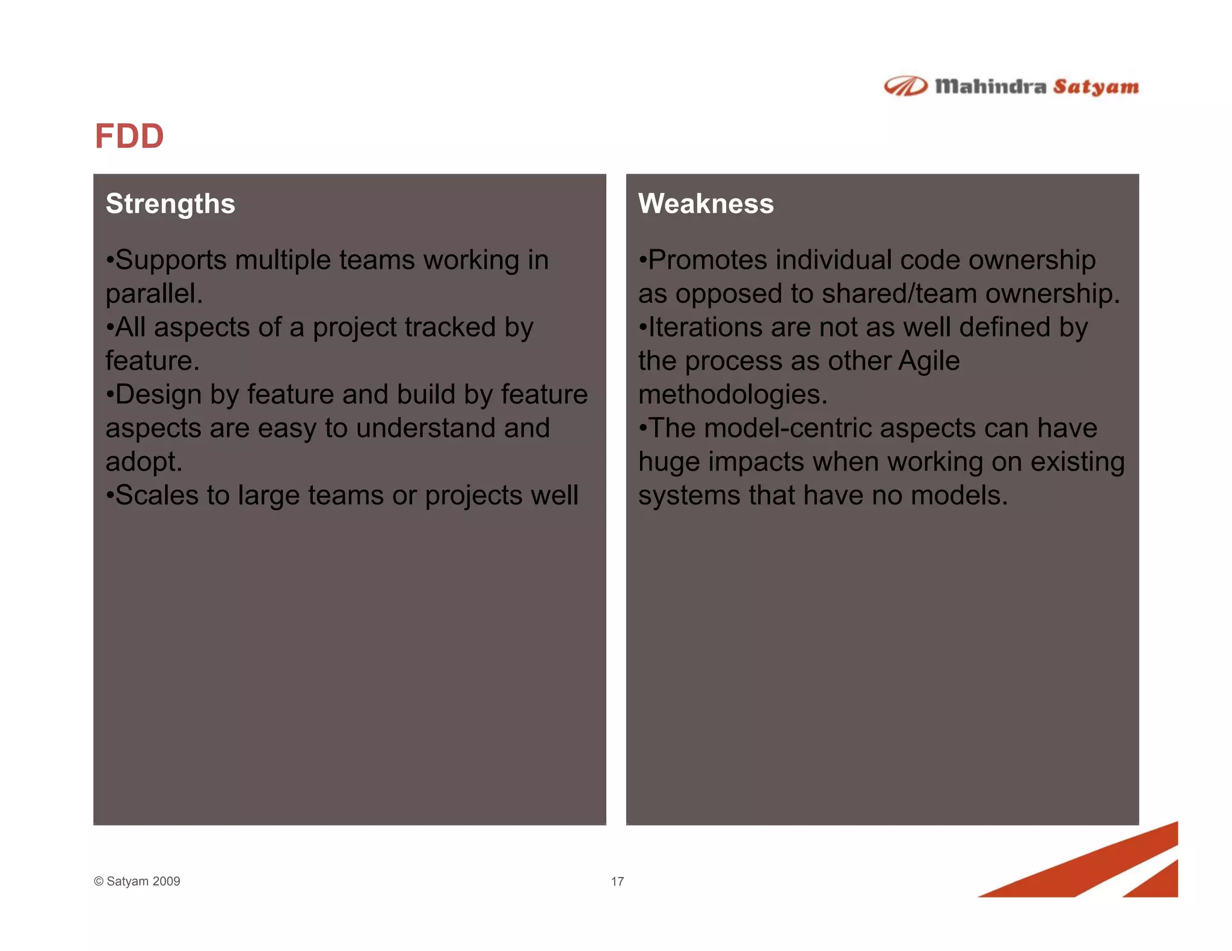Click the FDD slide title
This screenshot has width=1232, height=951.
tap(129, 136)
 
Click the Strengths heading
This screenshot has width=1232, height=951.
tap(170, 204)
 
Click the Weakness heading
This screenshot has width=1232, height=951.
tap(706, 204)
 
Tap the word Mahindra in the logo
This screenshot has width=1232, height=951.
tap(990, 87)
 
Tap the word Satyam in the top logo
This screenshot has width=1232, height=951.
tap(1095, 87)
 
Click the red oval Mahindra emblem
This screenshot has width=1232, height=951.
tap(905, 87)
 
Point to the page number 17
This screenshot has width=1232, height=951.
tap(617, 881)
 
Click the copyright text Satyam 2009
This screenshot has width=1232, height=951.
tap(143, 881)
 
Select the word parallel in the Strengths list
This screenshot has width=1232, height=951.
tap(153, 294)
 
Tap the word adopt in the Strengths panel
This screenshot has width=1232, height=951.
tap(143, 462)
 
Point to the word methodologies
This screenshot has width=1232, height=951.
tap(732, 395)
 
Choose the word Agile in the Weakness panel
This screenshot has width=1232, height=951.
tap(928, 361)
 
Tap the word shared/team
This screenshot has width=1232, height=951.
tap(899, 294)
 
